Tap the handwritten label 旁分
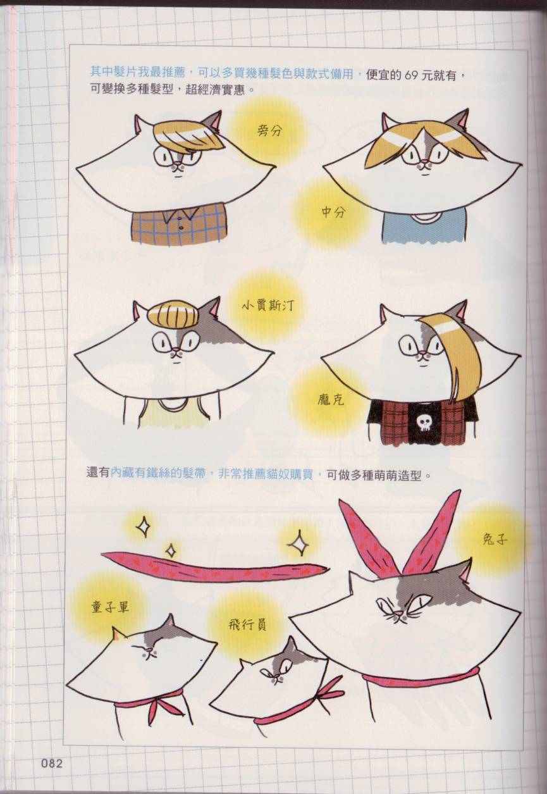point(269,131)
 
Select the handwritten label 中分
point(333,213)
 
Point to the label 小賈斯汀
point(268,304)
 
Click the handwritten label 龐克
point(331,400)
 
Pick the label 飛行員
point(248,626)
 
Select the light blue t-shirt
point(423,225)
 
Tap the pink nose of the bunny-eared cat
point(399,613)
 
